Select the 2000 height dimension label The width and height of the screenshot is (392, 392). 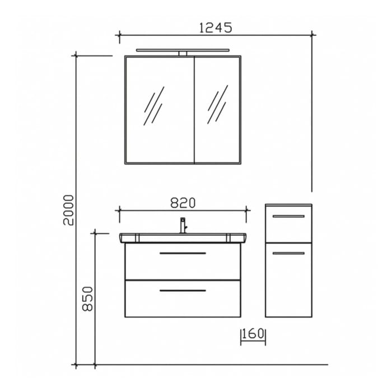tap(68, 210)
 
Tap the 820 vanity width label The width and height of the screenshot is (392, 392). tap(183, 203)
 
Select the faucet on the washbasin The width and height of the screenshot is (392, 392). tap(182, 225)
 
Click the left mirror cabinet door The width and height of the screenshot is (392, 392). tap(158, 109)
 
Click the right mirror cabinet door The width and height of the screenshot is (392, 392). tap(218, 109)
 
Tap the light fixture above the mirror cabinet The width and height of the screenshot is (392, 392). tap(183, 51)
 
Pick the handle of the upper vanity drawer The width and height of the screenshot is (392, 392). tap(183, 254)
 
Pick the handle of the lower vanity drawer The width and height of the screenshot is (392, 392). tap(183, 291)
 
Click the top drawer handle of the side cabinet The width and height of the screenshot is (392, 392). tap(288, 216)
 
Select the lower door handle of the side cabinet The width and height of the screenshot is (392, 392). tap(288, 254)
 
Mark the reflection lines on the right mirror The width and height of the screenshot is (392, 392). tap(217, 105)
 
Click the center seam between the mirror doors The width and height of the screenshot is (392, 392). tap(194, 109)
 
